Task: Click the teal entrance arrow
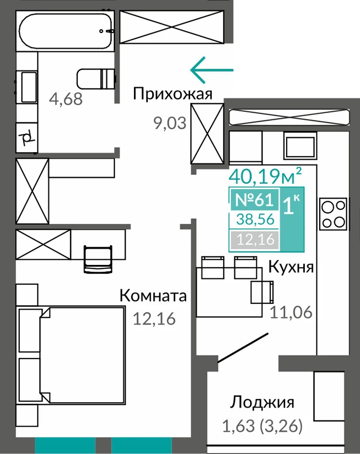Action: coord(212,70)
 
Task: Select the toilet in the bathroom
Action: coord(96,79)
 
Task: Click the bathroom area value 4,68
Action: coord(66,99)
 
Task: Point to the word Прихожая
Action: coord(173,94)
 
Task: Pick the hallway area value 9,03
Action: coord(170,123)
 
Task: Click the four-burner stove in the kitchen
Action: coord(333,214)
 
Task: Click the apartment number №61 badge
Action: coord(254,199)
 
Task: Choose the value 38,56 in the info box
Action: coord(255,219)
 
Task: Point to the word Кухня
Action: coord(291,267)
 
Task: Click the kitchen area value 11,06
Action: coord(291,312)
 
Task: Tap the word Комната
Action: coord(153,296)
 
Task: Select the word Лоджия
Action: coord(262,402)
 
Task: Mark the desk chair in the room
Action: coord(98,259)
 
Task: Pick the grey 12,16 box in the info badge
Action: coord(255,239)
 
